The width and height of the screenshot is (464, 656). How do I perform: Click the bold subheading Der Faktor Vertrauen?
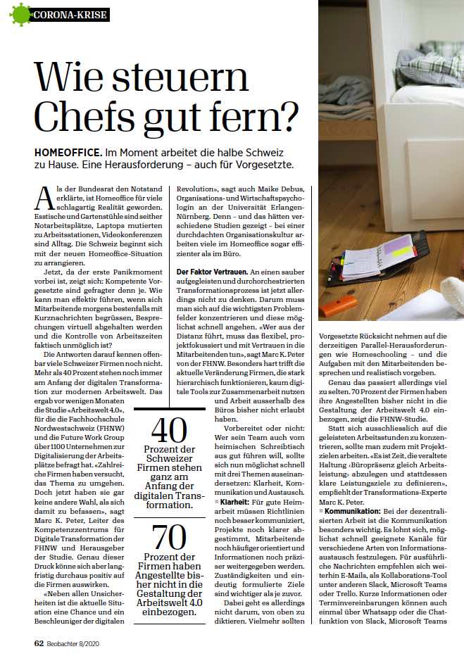[212, 271]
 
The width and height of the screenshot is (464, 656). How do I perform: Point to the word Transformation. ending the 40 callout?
[169, 505]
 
